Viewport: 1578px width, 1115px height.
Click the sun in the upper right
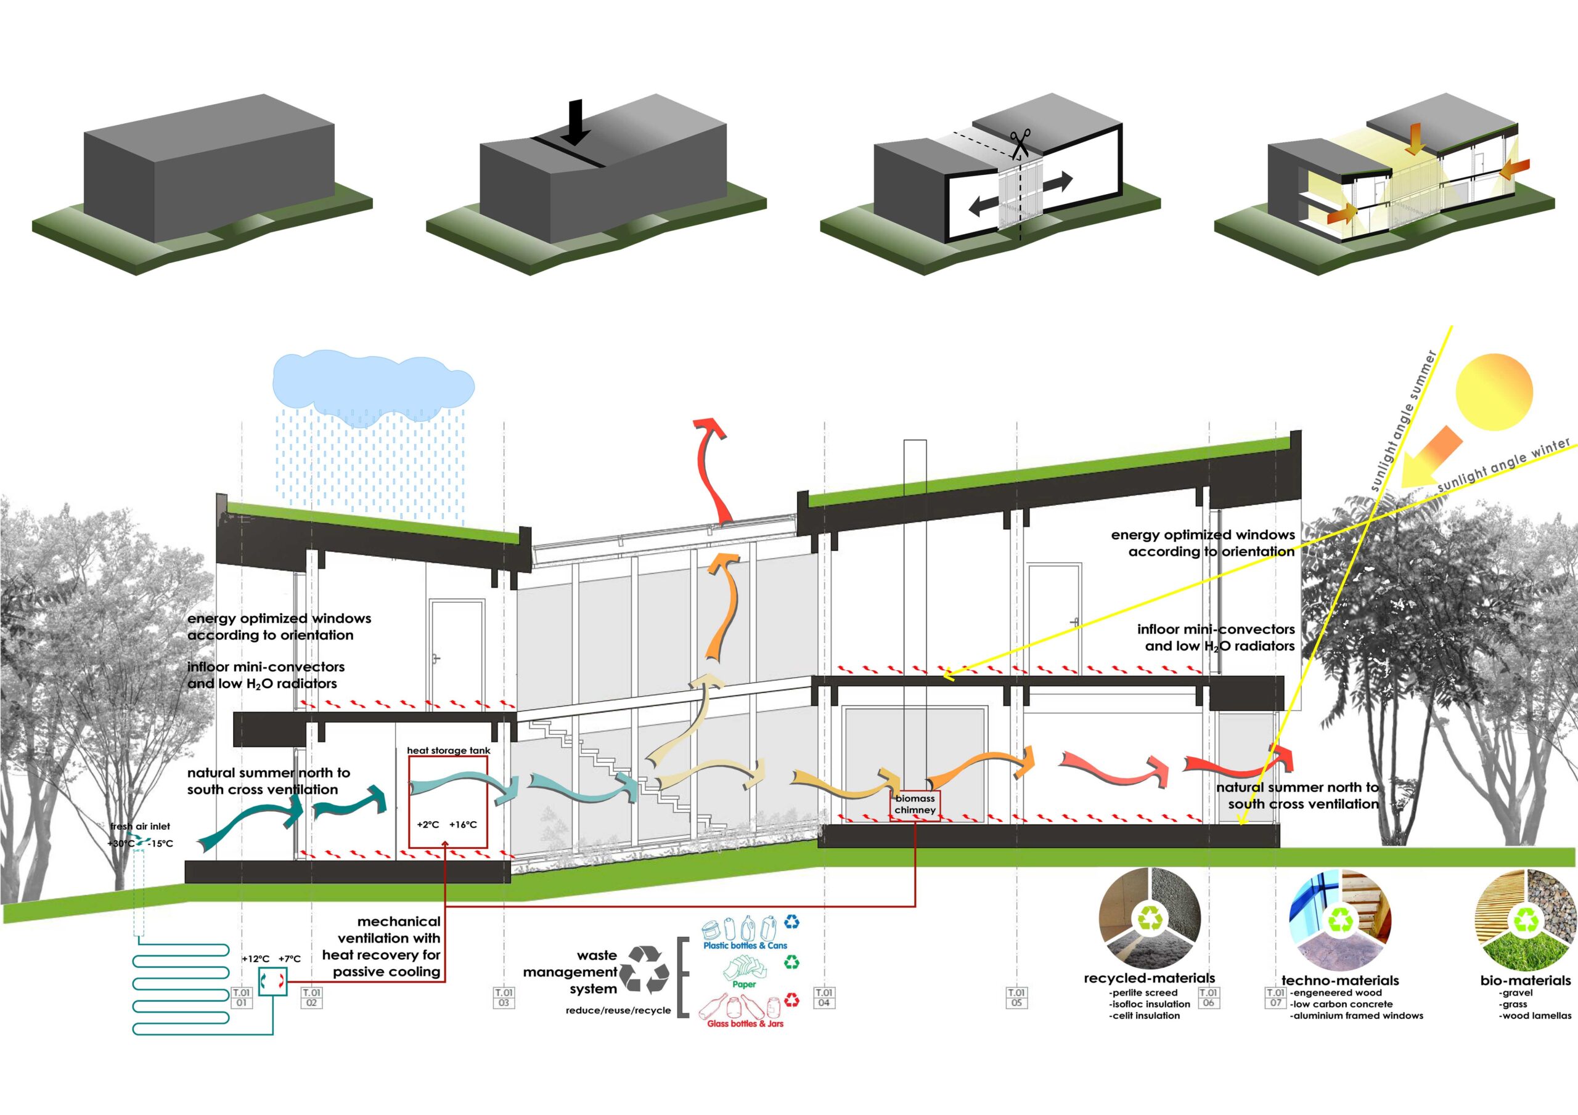(1494, 392)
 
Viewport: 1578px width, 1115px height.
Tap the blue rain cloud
(373, 388)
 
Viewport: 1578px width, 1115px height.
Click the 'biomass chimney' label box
(915, 805)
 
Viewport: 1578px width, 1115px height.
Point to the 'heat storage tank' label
(448, 750)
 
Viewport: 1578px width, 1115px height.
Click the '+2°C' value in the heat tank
(428, 824)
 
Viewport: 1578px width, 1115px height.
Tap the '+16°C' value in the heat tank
(462, 824)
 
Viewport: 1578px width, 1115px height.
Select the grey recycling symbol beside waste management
(644, 970)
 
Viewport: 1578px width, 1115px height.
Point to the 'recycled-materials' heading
(1149, 978)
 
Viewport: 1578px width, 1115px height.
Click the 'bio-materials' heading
(1526, 980)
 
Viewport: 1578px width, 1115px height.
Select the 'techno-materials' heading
(1340, 980)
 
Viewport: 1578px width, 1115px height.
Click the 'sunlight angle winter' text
(1504, 466)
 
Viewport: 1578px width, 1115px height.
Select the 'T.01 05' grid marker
(1016, 997)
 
